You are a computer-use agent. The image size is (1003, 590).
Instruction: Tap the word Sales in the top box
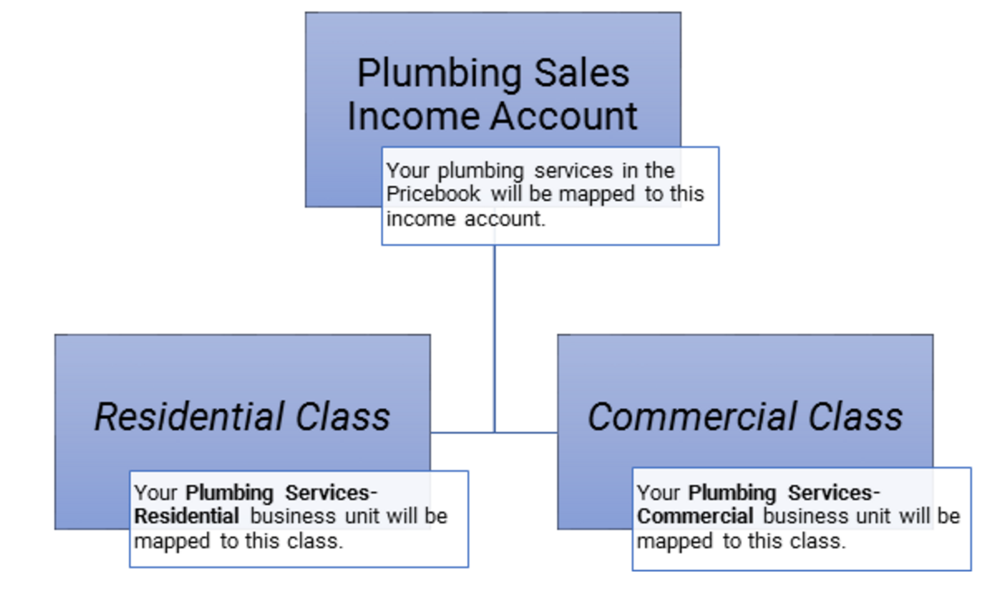pos(581,73)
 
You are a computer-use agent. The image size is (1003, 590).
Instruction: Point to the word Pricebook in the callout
pos(433,194)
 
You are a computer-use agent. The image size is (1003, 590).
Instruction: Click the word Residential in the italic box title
pos(189,417)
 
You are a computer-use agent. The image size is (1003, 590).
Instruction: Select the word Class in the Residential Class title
pos(343,417)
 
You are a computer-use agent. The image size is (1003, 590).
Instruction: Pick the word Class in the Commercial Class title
pos(855,417)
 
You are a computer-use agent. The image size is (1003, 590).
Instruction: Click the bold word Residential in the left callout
pos(187,516)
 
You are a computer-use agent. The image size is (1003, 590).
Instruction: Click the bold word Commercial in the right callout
pos(695,516)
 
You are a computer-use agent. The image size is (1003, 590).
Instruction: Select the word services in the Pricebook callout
pos(573,171)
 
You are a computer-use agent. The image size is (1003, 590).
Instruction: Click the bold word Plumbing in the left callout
pos(229,493)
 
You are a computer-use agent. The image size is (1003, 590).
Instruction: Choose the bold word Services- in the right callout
pos(834,493)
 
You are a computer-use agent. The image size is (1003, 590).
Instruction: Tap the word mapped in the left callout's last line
pos(172,541)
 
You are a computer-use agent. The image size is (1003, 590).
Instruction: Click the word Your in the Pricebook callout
pos(408,171)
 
